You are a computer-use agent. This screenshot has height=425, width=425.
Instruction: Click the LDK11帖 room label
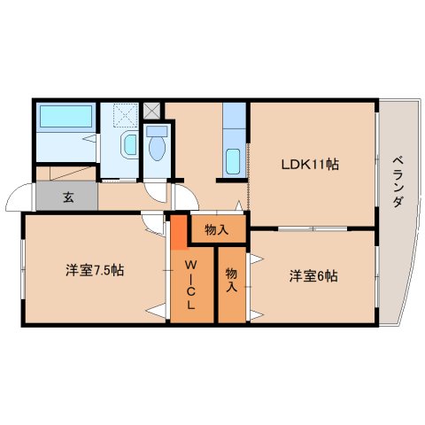click(x=310, y=165)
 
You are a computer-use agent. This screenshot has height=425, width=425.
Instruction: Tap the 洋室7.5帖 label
click(x=95, y=270)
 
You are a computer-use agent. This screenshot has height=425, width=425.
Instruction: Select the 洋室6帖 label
click(x=313, y=276)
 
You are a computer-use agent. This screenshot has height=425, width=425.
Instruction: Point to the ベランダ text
click(x=398, y=182)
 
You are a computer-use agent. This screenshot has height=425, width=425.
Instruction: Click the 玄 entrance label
click(x=68, y=197)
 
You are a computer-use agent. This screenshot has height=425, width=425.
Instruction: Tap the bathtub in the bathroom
click(x=66, y=116)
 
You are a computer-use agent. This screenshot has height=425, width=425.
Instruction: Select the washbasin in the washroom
click(x=129, y=144)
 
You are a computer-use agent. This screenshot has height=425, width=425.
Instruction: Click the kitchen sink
click(x=233, y=161)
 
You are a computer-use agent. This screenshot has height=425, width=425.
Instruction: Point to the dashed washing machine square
click(x=126, y=115)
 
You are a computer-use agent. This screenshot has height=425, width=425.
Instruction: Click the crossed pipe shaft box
click(x=151, y=111)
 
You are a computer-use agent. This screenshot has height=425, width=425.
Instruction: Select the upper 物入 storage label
click(x=217, y=230)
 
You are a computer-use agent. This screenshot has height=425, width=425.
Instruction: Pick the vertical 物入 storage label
click(x=231, y=280)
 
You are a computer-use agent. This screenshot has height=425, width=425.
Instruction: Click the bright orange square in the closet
click(x=179, y=232)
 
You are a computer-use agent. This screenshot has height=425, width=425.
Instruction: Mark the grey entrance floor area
click(x=66, y=196)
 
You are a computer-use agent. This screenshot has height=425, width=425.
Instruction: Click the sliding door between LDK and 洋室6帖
click(x=313, y=228)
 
